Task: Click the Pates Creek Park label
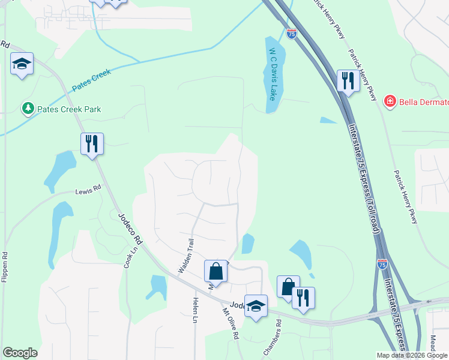69,109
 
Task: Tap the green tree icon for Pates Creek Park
28,109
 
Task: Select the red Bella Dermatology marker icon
390,101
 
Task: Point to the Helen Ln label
195,310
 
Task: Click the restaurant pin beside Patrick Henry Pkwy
348,80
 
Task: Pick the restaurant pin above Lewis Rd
92,144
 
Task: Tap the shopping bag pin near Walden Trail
216,271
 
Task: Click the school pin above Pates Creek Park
22,64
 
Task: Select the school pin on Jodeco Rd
256,308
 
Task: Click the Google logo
20,353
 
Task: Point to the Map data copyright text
412,355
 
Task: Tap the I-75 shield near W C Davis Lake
291,35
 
